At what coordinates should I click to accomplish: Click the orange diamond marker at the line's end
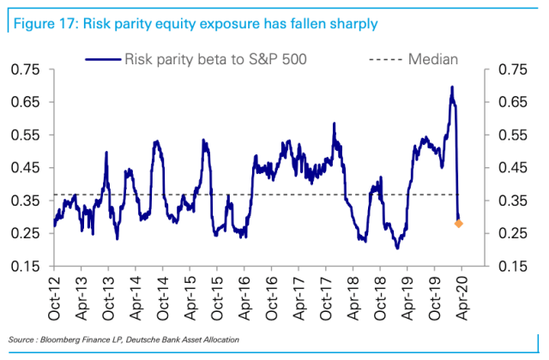458,224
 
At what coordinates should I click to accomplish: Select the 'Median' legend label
432,59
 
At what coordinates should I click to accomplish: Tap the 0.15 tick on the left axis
26,266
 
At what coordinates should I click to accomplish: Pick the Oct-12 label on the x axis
55,297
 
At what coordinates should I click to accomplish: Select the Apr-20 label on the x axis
460,297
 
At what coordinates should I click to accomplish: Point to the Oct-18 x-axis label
379,297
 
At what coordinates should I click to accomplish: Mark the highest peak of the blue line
451,87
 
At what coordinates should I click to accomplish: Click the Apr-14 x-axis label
136,297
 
